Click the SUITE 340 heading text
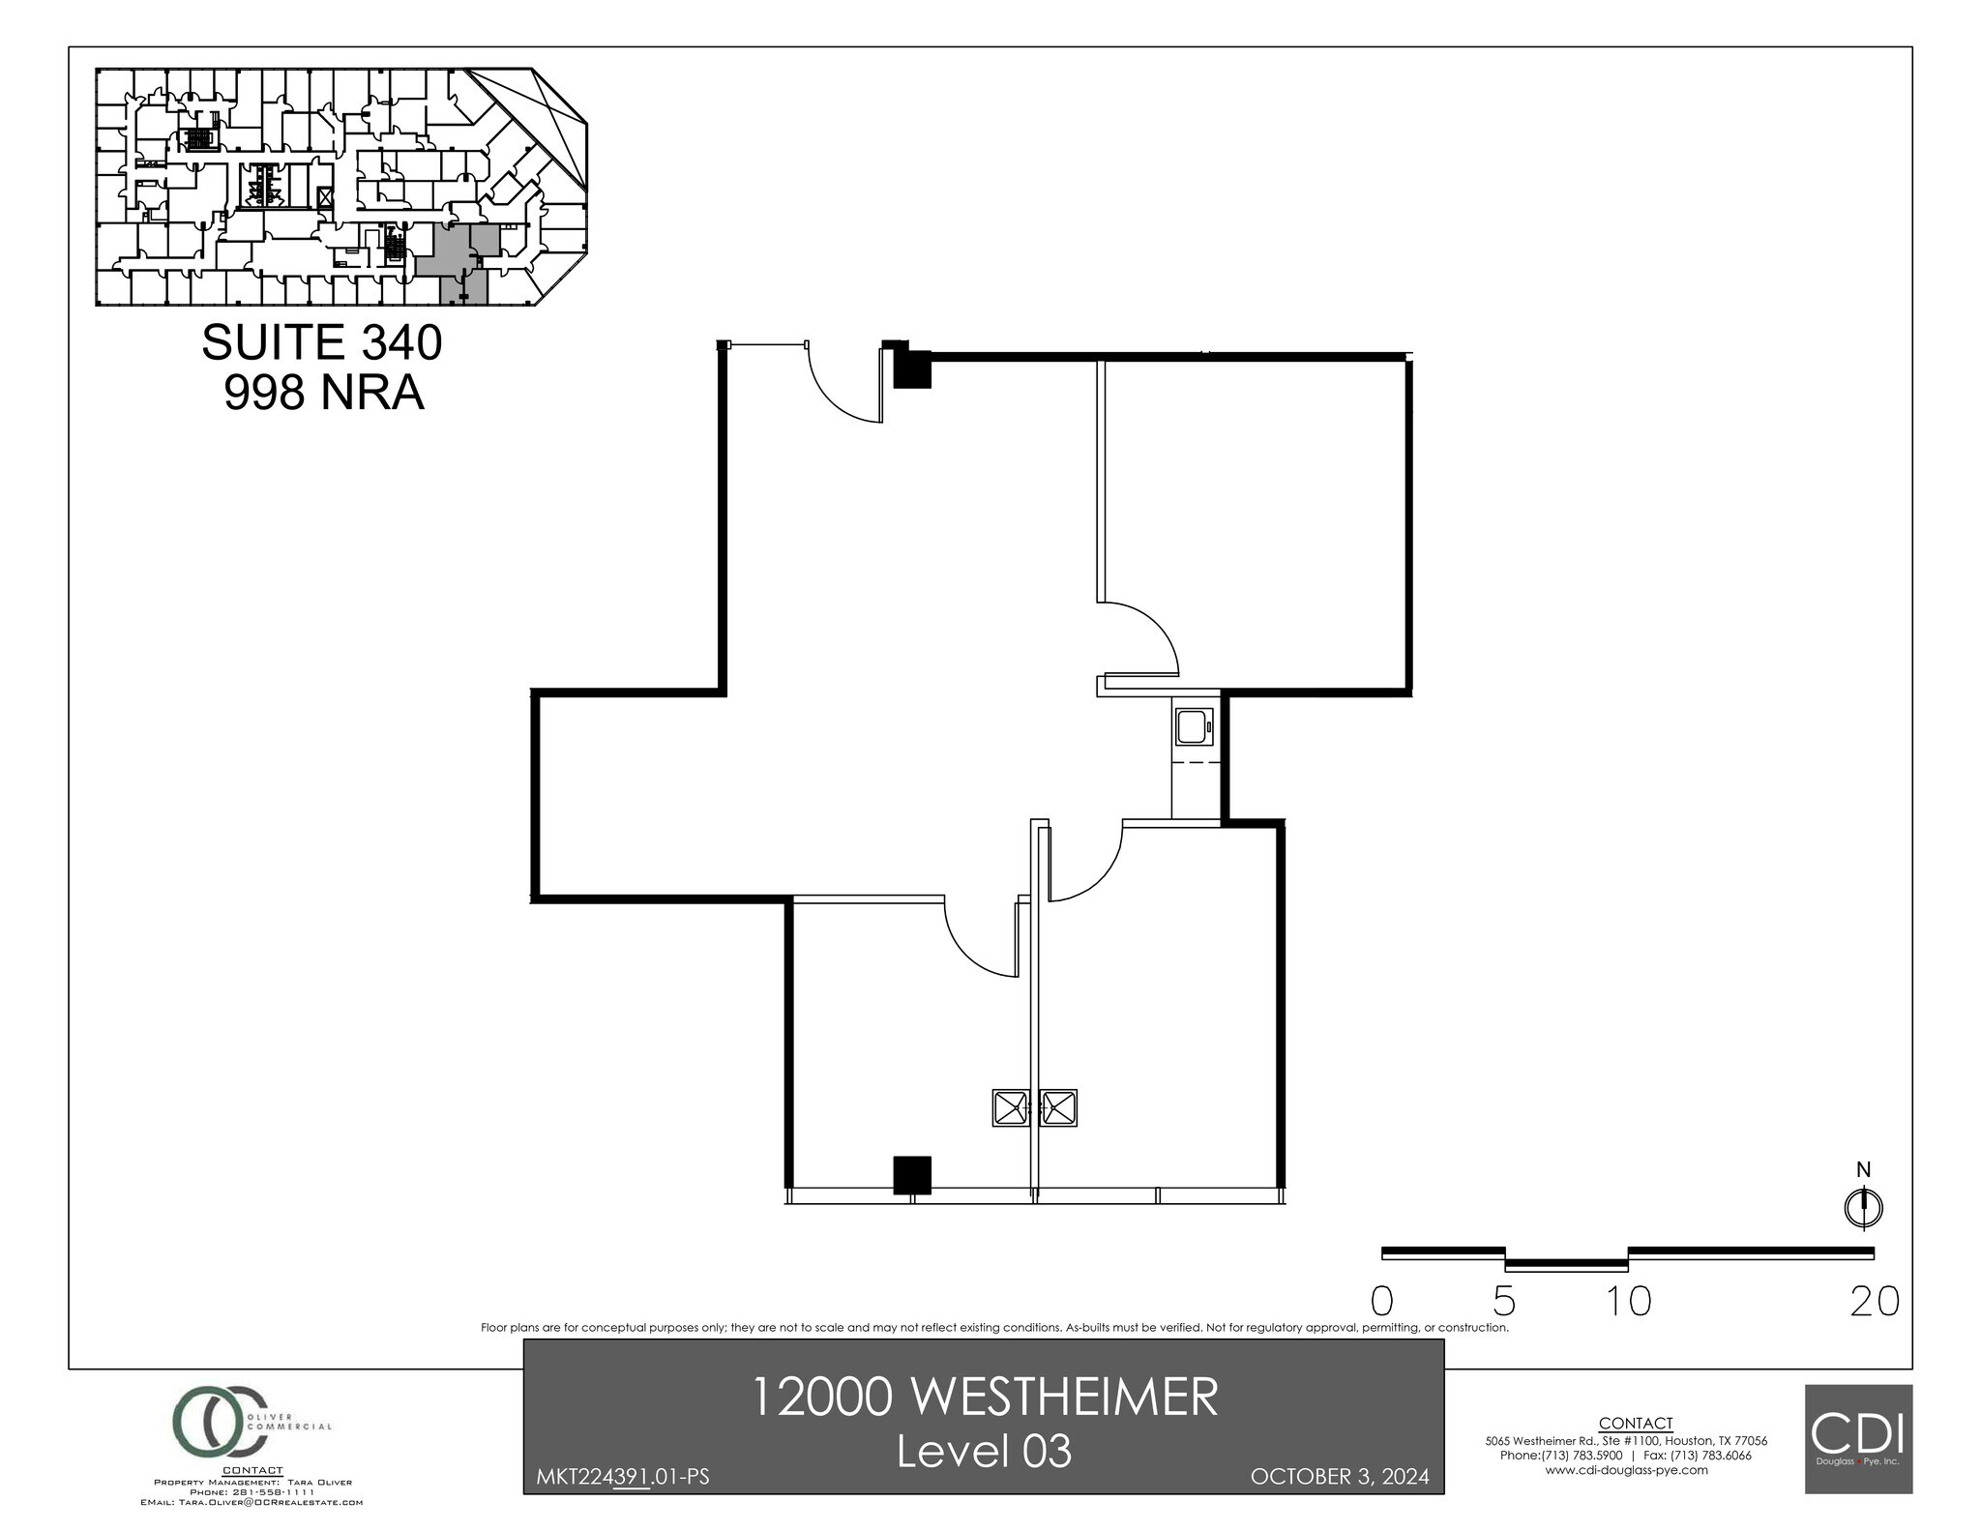tap(321, 343)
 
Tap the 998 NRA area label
tap(324, 393)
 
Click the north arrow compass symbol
tap(1863, 1207)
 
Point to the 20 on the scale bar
tap(1874, 1302)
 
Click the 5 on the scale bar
tap(1504, 1302)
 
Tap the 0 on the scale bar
tap(1382, 1302)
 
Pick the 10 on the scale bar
tap(1629, 1302)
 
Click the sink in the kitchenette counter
tap(1194, 726)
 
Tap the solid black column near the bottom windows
tap(911, 1175)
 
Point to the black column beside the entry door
tap(910, 368)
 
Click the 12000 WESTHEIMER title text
tap(984, 1399)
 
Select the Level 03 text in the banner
tap(984, 1452)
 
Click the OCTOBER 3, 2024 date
tap(1339, 1477)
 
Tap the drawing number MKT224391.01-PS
tap(622, 1477)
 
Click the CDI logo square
tap(1858, 1438)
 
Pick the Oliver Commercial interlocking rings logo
tap(218, 1423)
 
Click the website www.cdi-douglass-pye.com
tap(1626, 1470)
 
